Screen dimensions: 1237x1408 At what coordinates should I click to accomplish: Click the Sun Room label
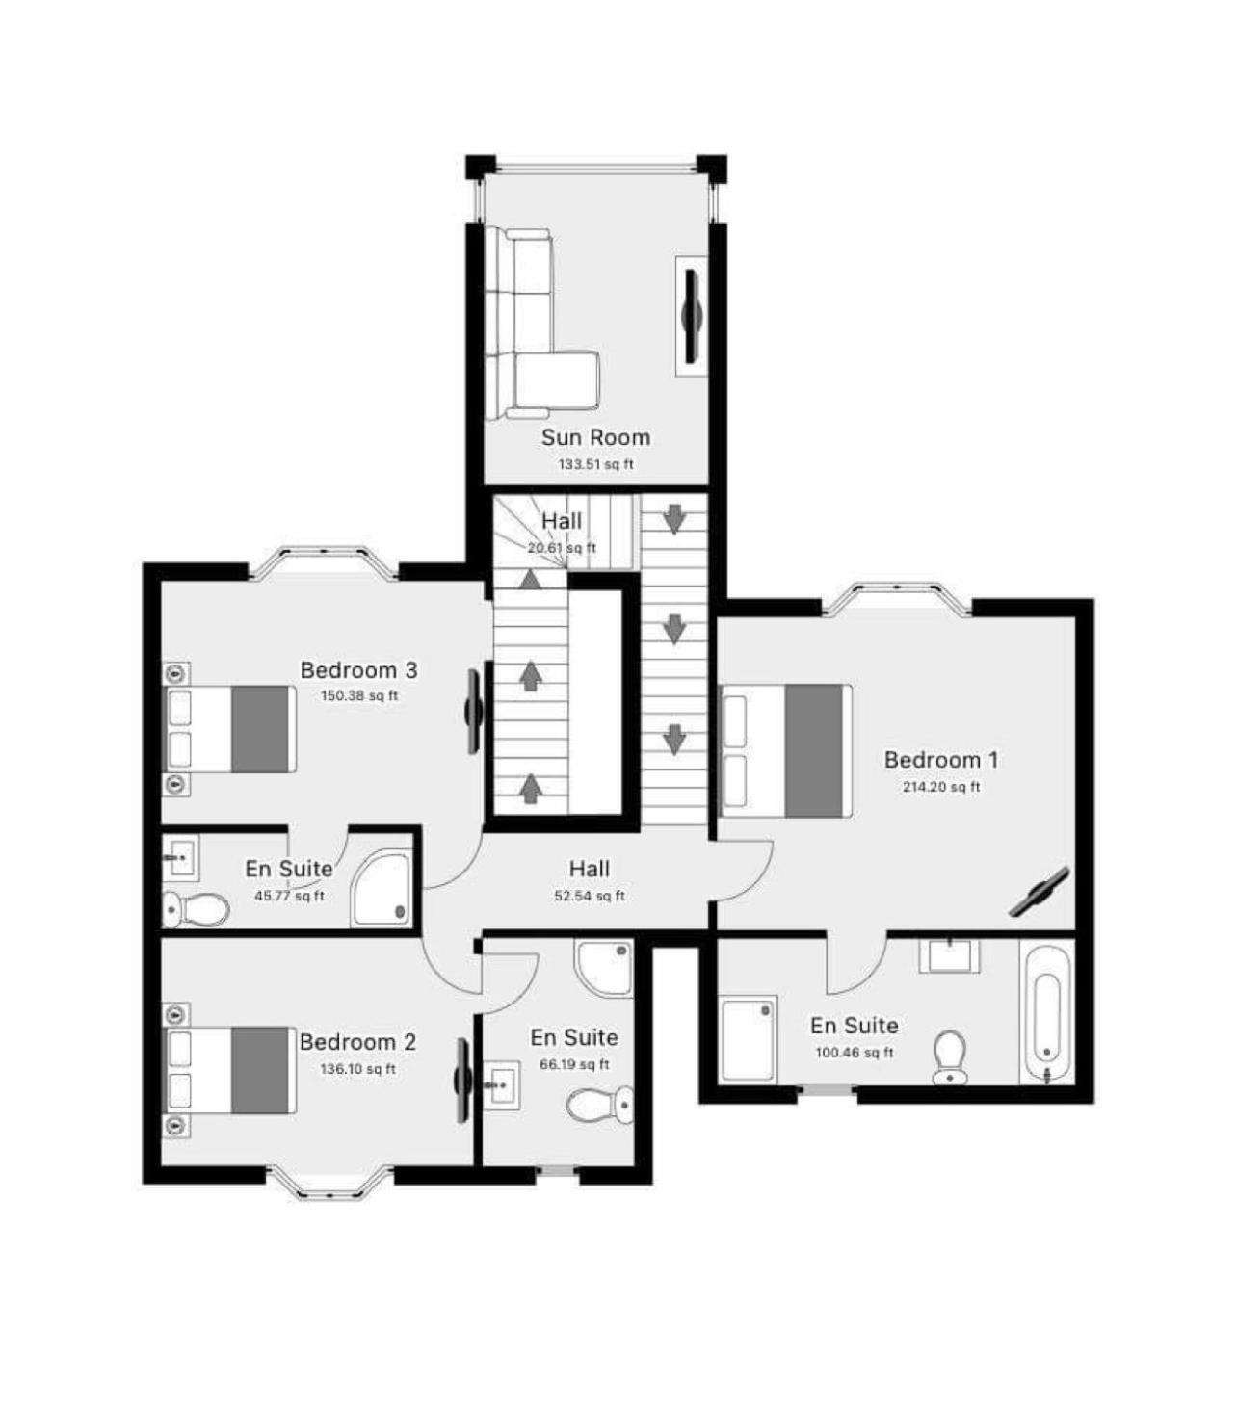pyautogui.click(x=595, y=438)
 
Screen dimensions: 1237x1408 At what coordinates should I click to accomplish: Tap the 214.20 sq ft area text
pyautogui.click(x=941, y=787)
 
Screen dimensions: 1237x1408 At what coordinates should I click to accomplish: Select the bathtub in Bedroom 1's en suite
pyautogui.click(x=1046, y=1012)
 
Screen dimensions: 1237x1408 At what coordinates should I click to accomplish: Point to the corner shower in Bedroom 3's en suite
pyautogui.click(x=382, y=888)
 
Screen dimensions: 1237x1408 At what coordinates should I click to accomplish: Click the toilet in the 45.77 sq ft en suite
pyautogui.click(x=197, y=909)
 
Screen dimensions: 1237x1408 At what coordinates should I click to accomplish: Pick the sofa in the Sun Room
pyautogui.click(x=540, y=324)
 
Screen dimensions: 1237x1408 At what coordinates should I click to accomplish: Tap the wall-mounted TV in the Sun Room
pyautogui.click(x=692, y=316)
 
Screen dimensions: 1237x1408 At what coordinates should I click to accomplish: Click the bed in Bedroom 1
pyautogui.click(x=786, y=750)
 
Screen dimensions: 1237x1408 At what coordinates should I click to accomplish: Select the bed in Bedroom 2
pyautogui.click(x=228, y=1070)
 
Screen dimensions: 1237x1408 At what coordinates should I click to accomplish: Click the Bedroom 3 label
pyautogui.click(x=358, y=670)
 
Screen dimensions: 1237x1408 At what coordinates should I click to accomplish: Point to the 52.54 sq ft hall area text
pyautogui.click(x=589, y=896)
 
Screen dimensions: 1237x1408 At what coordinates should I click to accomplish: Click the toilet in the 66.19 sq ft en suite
pyautogui.click(x=600, y=1105)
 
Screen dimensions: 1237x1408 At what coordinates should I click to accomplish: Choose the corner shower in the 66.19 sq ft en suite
pyautogui.click(x=603, y=967)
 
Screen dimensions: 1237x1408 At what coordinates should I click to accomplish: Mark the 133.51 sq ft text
pyautogui.click(x=596, y=464)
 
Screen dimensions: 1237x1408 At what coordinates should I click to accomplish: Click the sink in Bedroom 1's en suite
pyautogui.click(x=949, y=955)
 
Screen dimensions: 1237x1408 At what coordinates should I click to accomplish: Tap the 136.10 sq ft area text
pyautogui.click(x=357, y=1069)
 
